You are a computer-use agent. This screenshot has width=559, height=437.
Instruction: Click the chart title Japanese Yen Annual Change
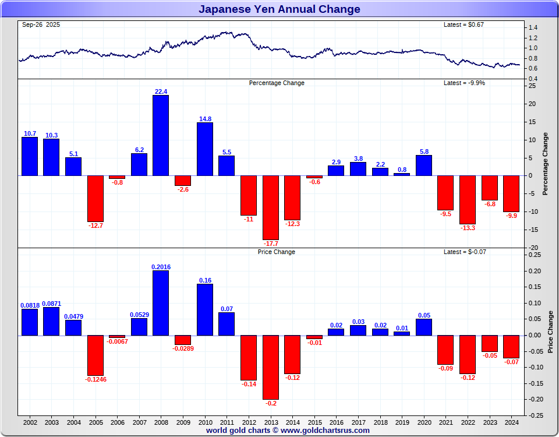point(279,9)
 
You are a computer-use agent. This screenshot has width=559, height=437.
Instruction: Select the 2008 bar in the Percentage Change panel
point(161,135)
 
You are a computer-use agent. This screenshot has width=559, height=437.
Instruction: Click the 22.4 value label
point(161,91)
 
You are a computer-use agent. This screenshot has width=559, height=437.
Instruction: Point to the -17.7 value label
point(270,244)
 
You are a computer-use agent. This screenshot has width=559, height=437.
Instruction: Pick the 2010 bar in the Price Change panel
point(204,309)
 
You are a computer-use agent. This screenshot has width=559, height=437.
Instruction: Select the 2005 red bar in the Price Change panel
point(95,355)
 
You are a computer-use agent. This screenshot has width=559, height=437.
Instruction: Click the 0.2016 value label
point(161,267)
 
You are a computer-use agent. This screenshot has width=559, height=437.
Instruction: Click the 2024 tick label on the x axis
point(511,422)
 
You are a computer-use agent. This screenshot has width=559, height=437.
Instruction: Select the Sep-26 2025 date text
point(41,24)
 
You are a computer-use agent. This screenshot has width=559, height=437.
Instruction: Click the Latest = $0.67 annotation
point(464,24)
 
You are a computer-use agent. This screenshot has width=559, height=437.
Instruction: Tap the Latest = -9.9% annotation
point(464,83)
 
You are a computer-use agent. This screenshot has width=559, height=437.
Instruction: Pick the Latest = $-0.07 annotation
point(464,252)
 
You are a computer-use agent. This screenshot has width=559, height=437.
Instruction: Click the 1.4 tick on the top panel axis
point(533,28)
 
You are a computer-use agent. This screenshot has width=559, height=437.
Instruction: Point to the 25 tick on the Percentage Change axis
point(532,86)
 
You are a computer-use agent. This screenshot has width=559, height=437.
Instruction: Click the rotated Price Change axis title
point(551,332)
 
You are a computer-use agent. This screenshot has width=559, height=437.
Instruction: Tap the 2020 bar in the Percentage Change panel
point(424,165)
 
